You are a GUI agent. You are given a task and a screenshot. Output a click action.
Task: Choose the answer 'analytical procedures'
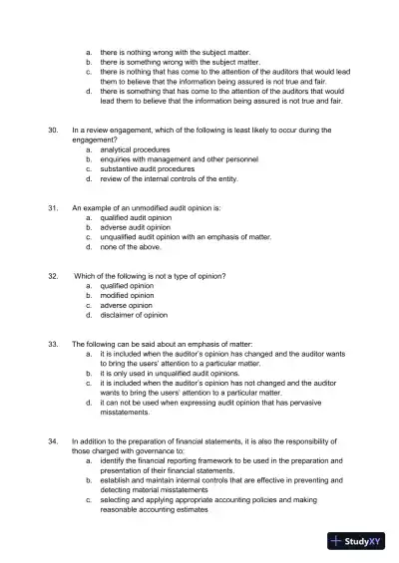click(x=136, y=149)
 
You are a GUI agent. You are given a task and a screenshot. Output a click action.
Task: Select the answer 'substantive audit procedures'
click(x=148, y=169)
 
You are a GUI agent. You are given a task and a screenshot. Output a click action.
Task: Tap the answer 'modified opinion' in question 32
click(x=127, y=295)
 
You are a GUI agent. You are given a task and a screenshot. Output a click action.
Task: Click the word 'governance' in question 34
click(x=169, y=449)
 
